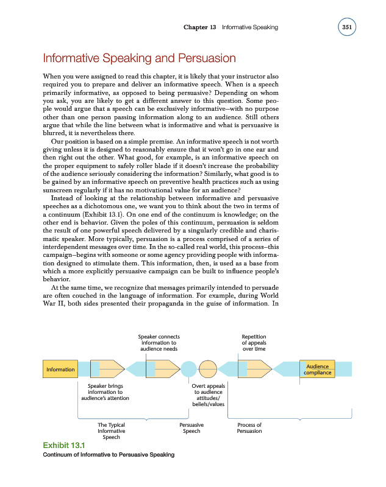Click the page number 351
tap(347, 27)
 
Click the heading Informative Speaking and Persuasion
tap(138, 59)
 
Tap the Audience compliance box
tap(318, 369)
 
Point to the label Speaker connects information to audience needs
tap(159, 343)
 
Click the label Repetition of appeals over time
tap(254, 343)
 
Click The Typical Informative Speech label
tap(111, 431)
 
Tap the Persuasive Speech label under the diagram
tap(191, 428)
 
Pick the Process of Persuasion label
tap(249, 428)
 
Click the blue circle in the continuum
tap(189, 369)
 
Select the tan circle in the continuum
tap(209, 369)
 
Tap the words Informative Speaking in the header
tap(250, 27)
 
